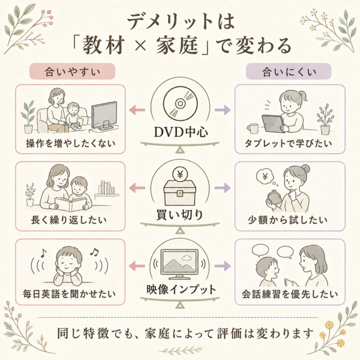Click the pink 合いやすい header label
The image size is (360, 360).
[x=73, y=71]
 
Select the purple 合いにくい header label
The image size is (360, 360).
[x=289, y=71]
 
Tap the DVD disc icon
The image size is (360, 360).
[x=180, y=103]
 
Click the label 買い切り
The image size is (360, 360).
[x=180, y=215]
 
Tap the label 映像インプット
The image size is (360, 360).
[x=181, y=289]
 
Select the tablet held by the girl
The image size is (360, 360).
[x=273, y=124]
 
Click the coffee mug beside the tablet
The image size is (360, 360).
[x=253, y=128]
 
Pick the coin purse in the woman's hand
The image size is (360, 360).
[x=275, y=197]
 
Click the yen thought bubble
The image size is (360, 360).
[x=265, y=177]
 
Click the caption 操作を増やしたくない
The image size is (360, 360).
[x=70, y=143]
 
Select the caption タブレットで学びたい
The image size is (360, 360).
[x=289, y=143]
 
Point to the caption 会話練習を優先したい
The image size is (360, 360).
[x=290, y=294]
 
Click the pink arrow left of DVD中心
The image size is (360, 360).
[x=137, y=110]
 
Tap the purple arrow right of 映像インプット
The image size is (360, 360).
[x=223, y=266]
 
